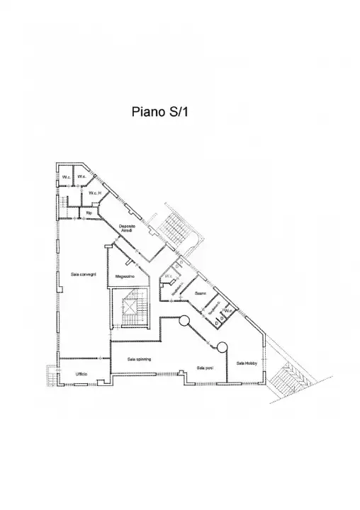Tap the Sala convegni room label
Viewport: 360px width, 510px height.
(83, 273)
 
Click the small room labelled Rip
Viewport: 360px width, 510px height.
(89, 212)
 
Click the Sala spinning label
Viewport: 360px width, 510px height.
(139, 359)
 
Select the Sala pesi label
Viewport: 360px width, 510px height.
(206, 368)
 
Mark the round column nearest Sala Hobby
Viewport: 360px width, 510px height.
(222, 348)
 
